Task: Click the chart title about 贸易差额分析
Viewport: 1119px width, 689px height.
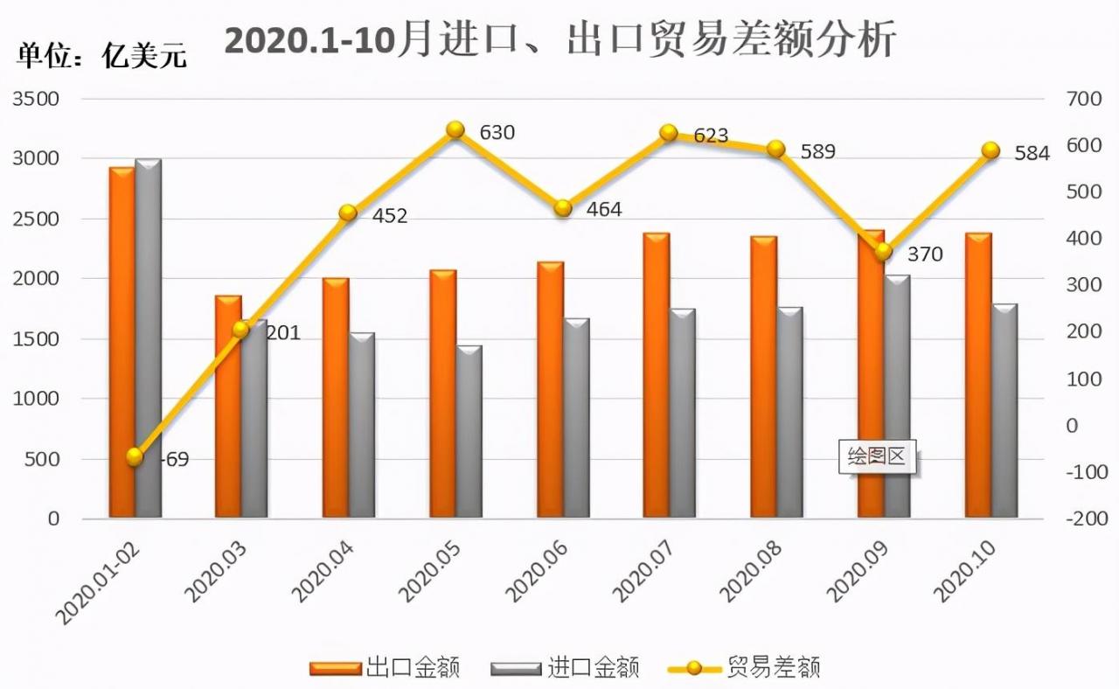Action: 559,40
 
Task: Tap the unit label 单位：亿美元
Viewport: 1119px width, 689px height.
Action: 101,56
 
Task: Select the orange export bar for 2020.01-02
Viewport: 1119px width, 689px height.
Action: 122,341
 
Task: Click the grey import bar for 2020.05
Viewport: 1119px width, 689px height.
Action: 469,432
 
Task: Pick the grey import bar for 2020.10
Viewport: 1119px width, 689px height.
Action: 1004,411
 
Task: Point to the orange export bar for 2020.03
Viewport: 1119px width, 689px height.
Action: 228,407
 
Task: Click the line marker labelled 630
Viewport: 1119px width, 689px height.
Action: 455,130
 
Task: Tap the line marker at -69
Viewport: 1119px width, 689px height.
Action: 134,457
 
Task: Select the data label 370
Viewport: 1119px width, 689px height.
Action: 925,254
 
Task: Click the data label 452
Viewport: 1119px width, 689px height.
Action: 389,216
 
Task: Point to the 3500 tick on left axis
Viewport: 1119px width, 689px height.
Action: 37,99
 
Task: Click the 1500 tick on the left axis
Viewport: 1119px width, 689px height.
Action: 37,338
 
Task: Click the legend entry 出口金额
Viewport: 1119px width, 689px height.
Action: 386,669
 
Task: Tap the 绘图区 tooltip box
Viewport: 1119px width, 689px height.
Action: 877,457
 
